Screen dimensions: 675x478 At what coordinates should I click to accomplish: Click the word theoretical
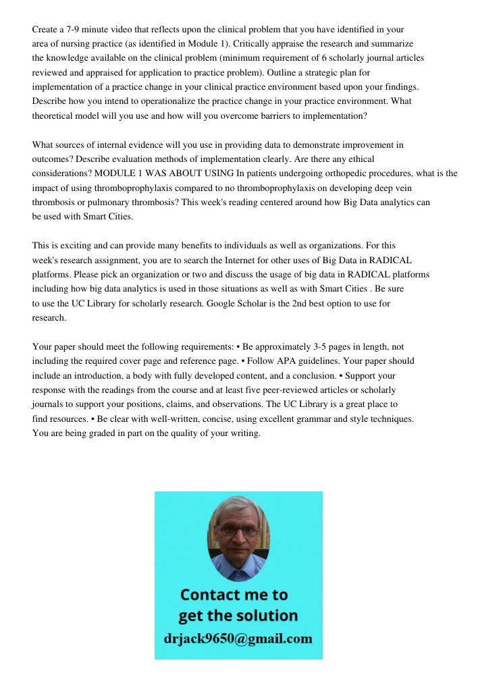[57, 115]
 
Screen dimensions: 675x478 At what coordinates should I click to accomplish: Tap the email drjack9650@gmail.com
[238, 639]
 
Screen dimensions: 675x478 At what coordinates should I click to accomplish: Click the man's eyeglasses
[238, 531]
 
